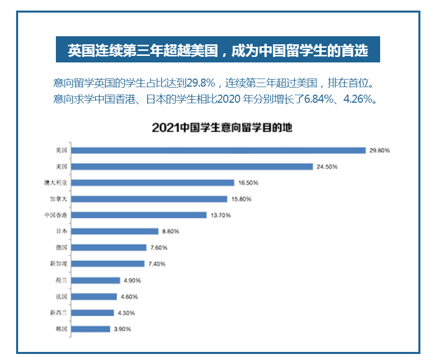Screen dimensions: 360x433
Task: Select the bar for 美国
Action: [x=191, y=166]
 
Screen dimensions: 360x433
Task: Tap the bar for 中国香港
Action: [x=138, y=215]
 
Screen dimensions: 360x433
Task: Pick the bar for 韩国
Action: [x=90, y=329]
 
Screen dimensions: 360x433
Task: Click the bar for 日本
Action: [x=114, y=231]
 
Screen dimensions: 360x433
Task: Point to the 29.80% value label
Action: [x=380, y=150]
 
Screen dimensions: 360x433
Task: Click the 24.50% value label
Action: [x=327, y=166]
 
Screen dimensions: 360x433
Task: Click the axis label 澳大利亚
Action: [x=56, y=183]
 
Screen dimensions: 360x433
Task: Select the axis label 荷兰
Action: [x=61, y=280]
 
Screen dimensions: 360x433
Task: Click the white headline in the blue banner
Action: [x=218, y=50]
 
